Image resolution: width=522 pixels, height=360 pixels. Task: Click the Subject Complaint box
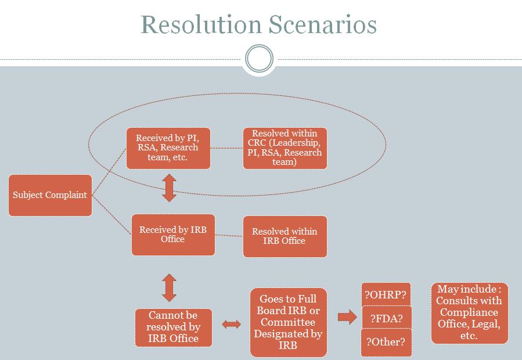[x=51, y=195]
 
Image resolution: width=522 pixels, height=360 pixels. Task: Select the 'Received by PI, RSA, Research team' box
[x=168, y=148]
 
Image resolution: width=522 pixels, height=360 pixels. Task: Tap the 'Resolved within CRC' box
[x=285, y=148]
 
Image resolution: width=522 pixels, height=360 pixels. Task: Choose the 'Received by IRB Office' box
[x=173, y=235]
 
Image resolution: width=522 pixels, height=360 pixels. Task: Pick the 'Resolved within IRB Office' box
[x=285, y=236]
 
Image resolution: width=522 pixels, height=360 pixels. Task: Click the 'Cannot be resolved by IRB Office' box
[x=174, y=327]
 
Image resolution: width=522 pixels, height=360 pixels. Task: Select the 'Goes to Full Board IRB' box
[x=289, y=322]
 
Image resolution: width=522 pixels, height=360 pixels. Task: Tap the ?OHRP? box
[x=386, y=295]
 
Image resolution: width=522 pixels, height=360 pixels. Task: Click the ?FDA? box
[x=387, y=318]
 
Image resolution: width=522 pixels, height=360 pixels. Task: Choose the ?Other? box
[x=386, y=343]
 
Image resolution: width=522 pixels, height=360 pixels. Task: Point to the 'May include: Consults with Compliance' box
[x=469, y=313]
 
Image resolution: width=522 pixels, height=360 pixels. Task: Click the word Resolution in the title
[x=201, y=24]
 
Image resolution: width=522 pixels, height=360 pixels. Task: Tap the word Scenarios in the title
[x=323, y=24]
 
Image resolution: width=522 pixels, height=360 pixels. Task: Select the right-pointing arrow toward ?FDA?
[x=347, y=317]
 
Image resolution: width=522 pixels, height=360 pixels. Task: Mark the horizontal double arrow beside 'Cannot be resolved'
[x=231, y=324]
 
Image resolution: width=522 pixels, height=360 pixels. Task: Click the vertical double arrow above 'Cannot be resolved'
[x=169, y=288]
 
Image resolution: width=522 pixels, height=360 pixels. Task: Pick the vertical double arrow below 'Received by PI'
[x=169, y=188]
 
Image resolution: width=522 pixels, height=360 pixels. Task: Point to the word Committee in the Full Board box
[x=288, y=322]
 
